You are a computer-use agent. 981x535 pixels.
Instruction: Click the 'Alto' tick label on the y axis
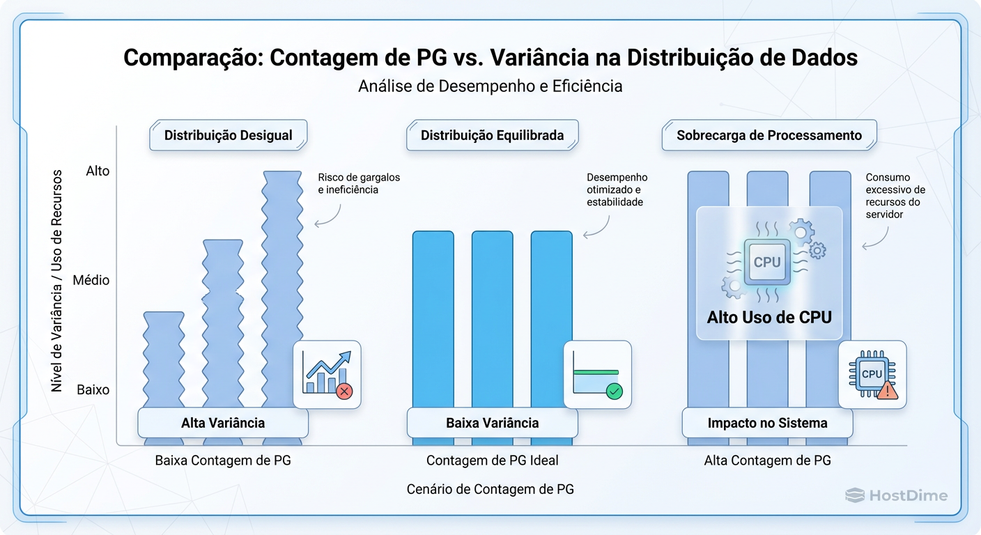click(x=98, y=171)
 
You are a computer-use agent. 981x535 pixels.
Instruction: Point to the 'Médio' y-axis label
click(x=91, y=280)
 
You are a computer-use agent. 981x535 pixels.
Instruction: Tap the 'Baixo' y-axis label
click(x=93, y=389)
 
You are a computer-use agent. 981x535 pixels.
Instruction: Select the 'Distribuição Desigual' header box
click(x=229, y=135)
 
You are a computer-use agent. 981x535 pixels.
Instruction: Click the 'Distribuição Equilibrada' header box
click(x=492, y=135)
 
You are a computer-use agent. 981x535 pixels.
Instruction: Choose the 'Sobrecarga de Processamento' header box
click(x=769, y=135)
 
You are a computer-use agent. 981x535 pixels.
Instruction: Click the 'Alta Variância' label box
click(x=223, y=423)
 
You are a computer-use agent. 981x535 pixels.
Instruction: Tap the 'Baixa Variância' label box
click(x=492, y=423)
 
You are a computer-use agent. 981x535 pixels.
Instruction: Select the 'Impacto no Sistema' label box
click(x=767, y=423)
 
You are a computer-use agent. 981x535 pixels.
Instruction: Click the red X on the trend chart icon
click(x=343, y=391)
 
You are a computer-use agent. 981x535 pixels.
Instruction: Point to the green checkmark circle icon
click(x=614, y=391)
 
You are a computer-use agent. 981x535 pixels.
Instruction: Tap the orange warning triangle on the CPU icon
click(x=888, y=391)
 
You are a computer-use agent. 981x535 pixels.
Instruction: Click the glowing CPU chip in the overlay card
click(x=767, y=263)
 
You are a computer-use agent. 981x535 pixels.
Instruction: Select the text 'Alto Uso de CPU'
click(x=769, y=318)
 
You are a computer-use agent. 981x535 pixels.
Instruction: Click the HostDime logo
click(x=896, y=495)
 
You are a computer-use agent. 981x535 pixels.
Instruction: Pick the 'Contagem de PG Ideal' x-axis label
click(x=492, y=460)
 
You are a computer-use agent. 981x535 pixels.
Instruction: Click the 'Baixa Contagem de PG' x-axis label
click(x=223, y=460)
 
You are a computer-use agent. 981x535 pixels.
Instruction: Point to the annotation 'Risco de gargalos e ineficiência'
click(x=358, y=183)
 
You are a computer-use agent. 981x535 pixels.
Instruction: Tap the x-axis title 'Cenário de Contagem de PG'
click(x=490, y=489)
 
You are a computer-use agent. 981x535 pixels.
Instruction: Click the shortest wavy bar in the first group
click(x=164, y=362)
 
